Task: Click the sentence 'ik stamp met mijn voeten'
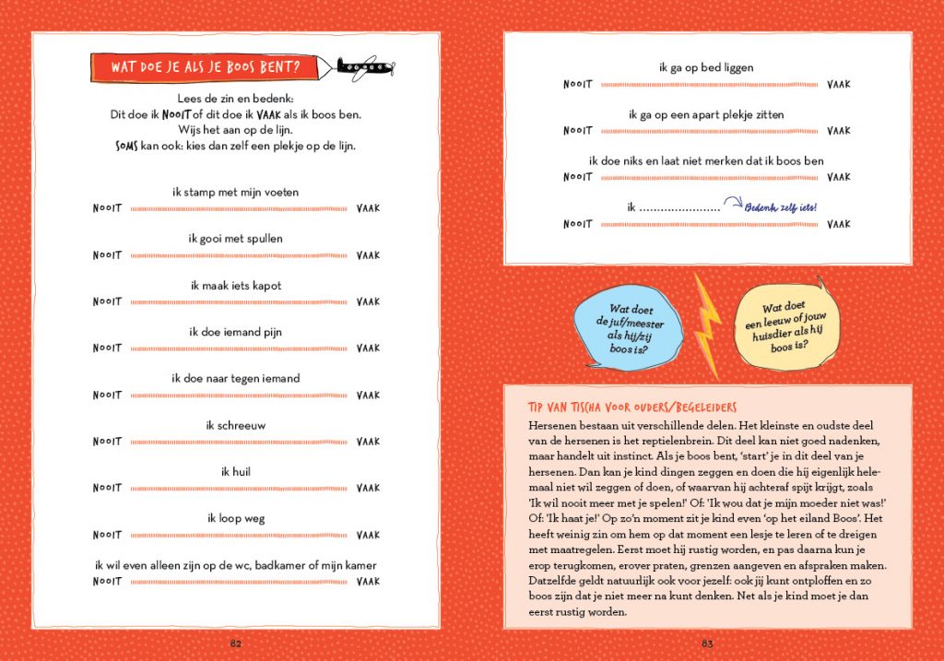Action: [x=235, y=192]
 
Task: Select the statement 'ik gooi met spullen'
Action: [x=235, y=239]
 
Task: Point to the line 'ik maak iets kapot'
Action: [x=235, y=286]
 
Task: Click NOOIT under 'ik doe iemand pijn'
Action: [x=107, y=348]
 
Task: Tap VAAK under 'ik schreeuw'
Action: [x=368, y=442]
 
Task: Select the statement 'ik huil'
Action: [x=235, y=472]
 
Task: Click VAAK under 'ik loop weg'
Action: [x=368, y=535]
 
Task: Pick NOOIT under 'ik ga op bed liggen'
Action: [x=578, y=85]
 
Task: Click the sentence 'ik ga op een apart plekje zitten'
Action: [x=707, y=114]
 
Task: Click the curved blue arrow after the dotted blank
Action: [x=732, y=205]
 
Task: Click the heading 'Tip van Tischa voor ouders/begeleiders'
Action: [x=631, y=407]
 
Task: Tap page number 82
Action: [x=235, y=643]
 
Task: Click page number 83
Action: [x=707, y=643]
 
